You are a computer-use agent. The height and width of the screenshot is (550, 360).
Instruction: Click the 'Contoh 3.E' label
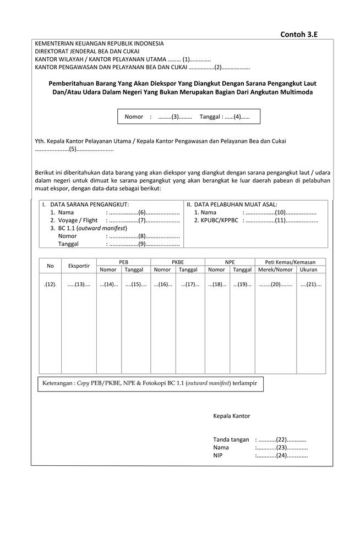299,34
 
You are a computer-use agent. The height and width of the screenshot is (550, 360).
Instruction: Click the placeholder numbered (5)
74,149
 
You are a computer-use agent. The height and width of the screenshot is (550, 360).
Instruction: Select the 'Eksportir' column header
79,266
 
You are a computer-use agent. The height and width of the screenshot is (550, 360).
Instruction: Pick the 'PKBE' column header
177,262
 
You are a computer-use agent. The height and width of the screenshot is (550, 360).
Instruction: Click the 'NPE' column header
230,262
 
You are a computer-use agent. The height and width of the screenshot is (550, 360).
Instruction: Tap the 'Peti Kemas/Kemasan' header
290,262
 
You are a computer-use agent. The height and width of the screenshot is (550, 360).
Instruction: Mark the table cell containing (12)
50,284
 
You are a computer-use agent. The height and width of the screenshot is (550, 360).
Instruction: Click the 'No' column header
50,266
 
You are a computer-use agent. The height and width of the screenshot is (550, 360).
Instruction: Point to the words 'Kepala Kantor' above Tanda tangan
231,416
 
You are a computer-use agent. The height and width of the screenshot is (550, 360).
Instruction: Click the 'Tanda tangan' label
231,439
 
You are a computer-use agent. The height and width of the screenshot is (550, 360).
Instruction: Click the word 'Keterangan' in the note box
58,383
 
